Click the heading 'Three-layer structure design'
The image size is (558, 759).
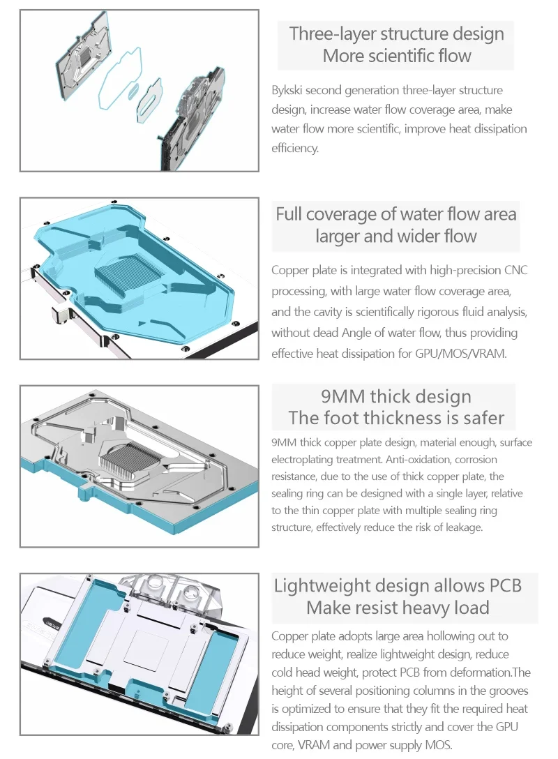click(396, 33)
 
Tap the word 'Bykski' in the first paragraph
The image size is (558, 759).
click(287, 91)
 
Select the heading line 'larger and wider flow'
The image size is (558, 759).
click(395, 236)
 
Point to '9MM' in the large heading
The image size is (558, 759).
click(342, 397)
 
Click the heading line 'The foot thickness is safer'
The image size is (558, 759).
click(395, 419)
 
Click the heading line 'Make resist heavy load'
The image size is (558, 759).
click(398, 608)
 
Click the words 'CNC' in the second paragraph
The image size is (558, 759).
click(515, 271)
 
